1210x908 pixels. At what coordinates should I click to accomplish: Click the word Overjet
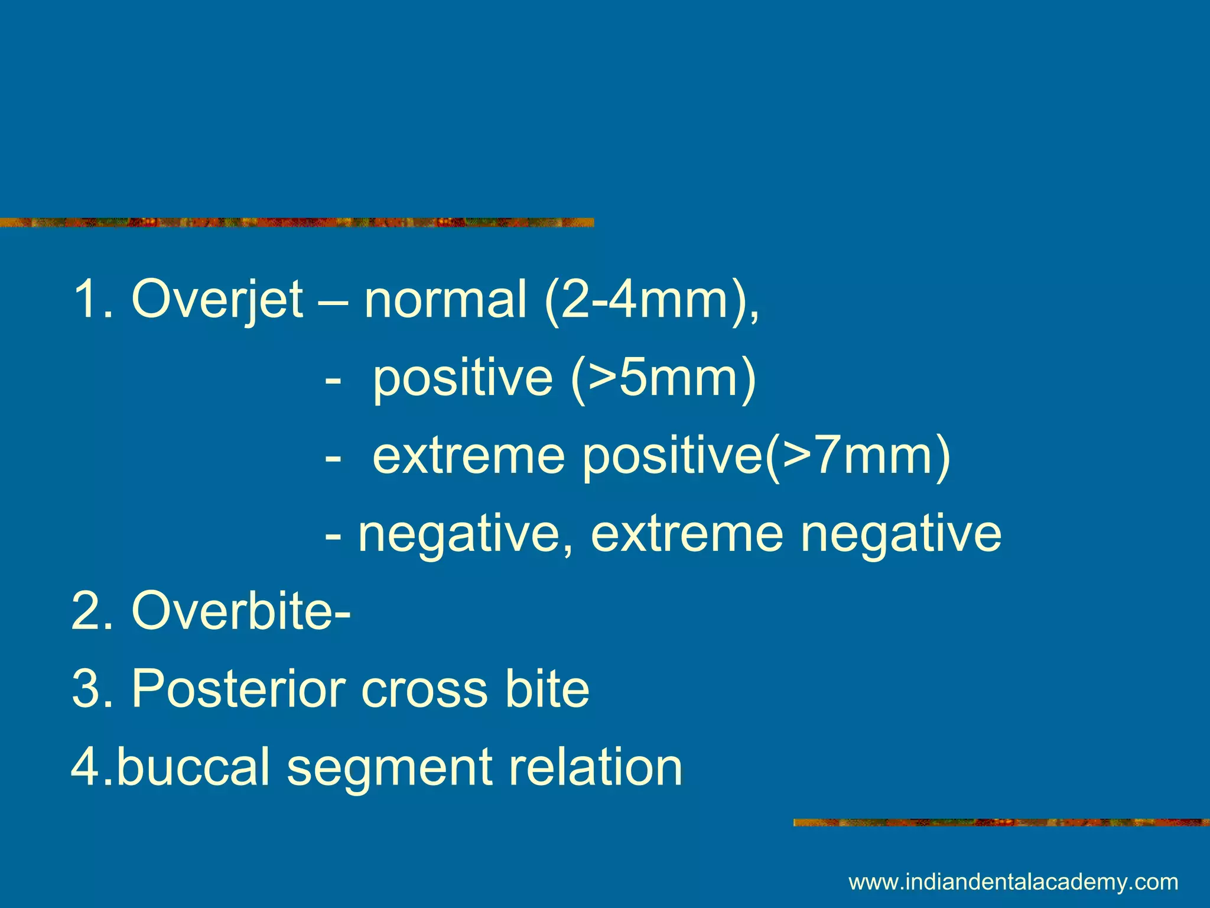(217, 300)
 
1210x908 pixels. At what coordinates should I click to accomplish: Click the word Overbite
(235, 611)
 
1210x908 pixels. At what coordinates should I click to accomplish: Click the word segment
(390, 767)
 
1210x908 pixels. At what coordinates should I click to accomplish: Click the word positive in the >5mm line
(463, 378)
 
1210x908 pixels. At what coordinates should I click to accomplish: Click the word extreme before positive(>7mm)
(469, 456)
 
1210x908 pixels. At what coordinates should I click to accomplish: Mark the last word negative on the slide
(900, 534)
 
